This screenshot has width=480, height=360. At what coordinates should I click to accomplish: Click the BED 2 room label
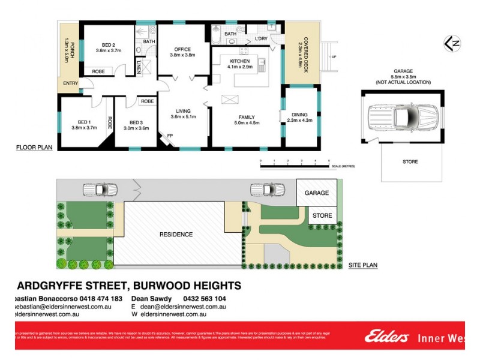(x=109, y=45)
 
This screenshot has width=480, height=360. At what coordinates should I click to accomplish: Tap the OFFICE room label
(x=182, y=49)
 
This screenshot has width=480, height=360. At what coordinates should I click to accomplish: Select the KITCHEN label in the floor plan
(x=239, y=61)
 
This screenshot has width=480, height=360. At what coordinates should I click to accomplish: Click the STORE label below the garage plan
(x=410, y=161)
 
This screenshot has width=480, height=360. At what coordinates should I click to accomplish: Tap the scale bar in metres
(x=295, y=162)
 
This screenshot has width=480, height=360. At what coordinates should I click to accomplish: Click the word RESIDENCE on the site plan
(x=176, y=234)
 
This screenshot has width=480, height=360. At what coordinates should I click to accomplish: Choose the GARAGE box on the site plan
(x=316, y=193)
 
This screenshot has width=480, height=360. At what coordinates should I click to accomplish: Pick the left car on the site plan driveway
(x=99, y=190)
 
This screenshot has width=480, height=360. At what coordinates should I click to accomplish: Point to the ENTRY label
(x=70, y=83)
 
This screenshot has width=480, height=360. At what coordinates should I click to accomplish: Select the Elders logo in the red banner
(x=387, y=337)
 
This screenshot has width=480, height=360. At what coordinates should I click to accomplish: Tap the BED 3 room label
(x=136, y=124)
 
